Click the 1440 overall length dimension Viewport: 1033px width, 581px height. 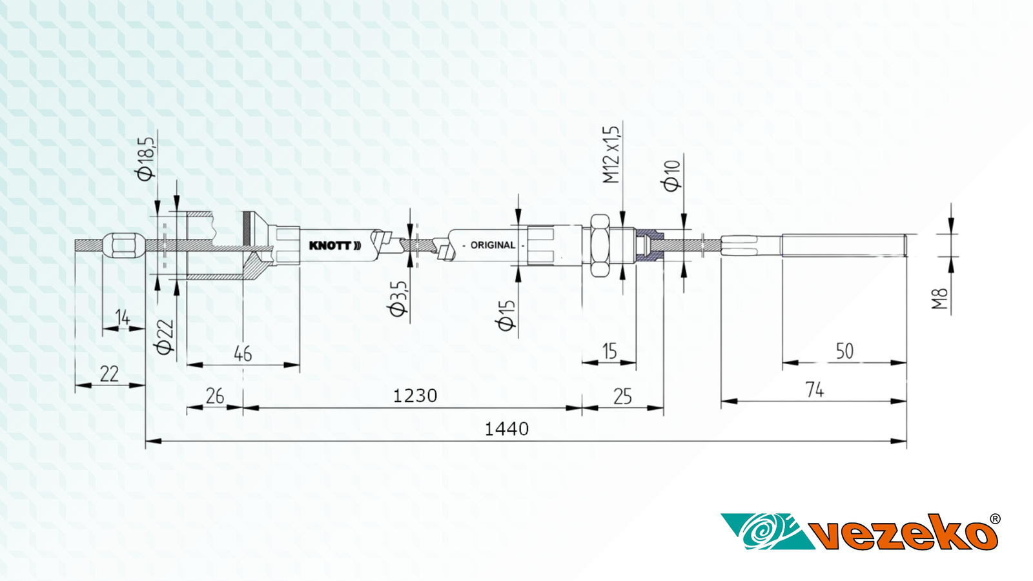point(506,429)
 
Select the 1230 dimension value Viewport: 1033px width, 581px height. point(414,396)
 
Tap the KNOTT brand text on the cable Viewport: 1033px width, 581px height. point(335,245)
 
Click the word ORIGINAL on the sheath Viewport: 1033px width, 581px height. point(493,245)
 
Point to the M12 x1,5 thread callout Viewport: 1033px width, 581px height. point(611,154)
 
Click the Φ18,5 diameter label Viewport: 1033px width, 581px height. point(145,159)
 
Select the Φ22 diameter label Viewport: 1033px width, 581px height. point(165,337)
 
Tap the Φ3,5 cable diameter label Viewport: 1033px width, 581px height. point(398,299)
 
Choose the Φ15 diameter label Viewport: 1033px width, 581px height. point(506,316)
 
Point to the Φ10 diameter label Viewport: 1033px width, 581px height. point(671,176)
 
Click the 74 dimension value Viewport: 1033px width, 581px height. point(814,390)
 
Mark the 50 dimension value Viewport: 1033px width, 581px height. point(844,351)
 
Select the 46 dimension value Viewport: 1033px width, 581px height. point(243,354)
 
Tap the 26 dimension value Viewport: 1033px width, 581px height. point(215,396)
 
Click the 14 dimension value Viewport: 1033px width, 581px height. point(123,318)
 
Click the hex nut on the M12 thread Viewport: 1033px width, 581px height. point(600,245)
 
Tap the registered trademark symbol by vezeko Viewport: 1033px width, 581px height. point(995,519)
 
